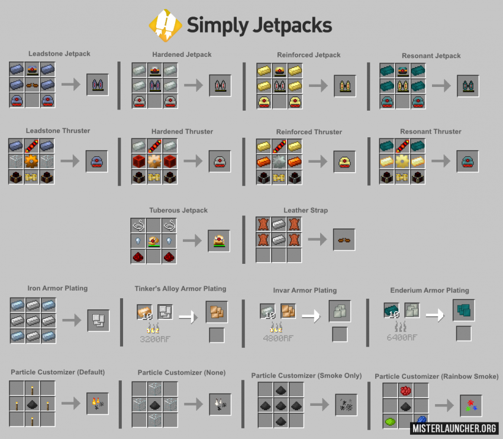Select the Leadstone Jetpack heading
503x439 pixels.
click(59, 54)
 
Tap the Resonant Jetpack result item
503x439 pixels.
click(467, 86)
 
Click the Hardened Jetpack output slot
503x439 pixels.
click(220, 85)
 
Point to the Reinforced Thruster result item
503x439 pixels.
click(344, 162)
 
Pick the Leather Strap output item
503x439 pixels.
click(344, 240)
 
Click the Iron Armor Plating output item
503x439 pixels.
click(98, 319)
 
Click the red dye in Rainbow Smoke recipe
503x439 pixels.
click(405, 390)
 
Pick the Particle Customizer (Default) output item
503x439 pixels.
click(98, 403)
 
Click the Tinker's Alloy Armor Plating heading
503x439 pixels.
click(180, 289)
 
